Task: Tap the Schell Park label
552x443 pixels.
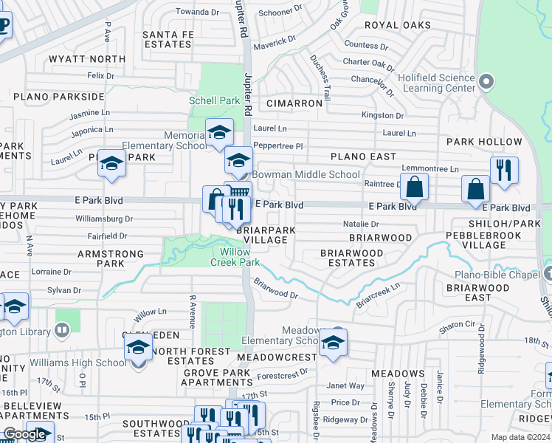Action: pos(213,100)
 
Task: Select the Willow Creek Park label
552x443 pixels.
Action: pos(235,257)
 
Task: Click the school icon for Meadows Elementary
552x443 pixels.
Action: pos(333,342)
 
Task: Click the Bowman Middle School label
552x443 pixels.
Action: pos(306,174)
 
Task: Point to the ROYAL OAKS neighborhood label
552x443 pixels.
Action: pos(397,24)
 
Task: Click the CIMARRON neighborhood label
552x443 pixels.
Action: pos(294,103)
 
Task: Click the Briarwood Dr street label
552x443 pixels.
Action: pos(275,288)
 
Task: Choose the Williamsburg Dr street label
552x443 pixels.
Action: pos(104,219)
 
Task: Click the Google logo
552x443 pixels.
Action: pos(24,434)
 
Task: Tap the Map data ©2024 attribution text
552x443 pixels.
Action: pos(520,437)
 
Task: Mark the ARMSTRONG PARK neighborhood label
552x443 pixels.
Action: pos(100,258)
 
